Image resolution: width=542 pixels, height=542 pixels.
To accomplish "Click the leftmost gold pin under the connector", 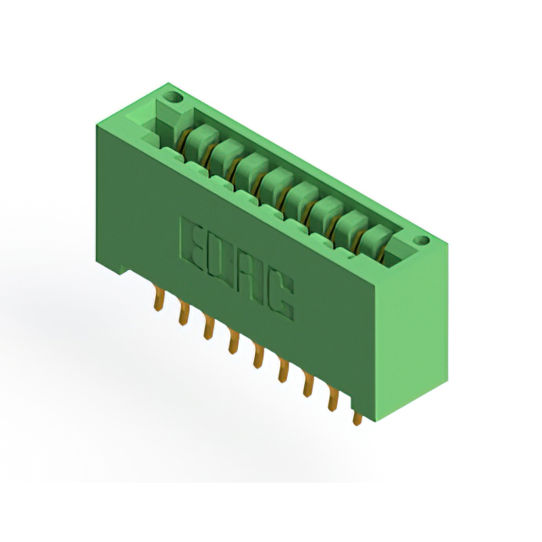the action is pos(158,301).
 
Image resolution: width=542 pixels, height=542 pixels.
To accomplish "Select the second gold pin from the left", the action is pos(184,314).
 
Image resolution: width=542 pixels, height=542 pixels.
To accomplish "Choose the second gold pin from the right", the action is pos(333,400).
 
